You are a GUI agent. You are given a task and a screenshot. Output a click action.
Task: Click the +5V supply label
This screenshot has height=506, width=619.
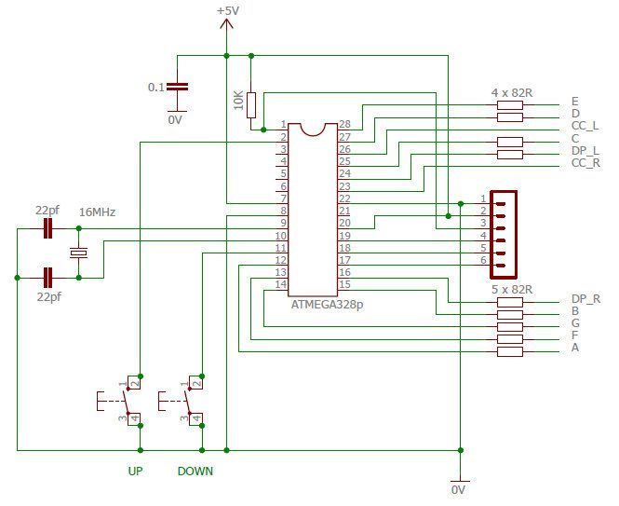[228, 10]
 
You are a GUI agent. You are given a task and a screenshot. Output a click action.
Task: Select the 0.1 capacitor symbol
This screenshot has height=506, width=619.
[177, 87]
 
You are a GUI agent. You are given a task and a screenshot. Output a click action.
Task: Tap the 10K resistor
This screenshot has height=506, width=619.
[251, 105]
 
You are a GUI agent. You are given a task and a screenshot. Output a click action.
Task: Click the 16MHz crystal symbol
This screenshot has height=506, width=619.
[78, 253]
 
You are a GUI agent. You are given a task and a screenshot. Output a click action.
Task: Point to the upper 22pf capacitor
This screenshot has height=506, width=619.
[47, 228]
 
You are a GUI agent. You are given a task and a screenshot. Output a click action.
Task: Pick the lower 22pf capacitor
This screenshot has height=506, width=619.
[47, 278]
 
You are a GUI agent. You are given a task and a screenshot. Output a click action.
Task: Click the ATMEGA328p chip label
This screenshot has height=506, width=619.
[327, 305]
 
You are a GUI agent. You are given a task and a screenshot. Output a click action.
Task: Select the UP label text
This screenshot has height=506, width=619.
[135, 472]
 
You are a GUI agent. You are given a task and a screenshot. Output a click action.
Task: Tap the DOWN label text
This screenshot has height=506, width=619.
[195, 472]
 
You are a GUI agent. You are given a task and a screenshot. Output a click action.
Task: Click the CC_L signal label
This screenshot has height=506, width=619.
[585, 126]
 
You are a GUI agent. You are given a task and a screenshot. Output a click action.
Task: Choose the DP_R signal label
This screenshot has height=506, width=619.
[585, 299]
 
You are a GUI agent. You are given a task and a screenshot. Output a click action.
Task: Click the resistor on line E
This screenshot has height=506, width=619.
[510, 105]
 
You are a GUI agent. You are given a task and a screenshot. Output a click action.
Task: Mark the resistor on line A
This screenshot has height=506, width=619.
[510, 351]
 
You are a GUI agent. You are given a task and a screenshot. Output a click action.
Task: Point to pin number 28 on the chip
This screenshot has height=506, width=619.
[344, 124]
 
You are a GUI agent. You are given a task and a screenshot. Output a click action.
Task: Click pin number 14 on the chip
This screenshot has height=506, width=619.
[281, 284]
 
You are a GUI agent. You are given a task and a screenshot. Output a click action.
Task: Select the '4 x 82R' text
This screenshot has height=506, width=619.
[512, 93]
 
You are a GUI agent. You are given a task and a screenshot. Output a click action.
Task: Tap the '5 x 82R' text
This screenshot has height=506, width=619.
[512, 290]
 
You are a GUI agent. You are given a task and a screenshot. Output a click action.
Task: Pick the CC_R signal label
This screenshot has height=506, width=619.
[585, 163]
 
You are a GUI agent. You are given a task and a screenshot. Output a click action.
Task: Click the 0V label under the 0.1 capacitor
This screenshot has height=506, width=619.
[175, 119]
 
